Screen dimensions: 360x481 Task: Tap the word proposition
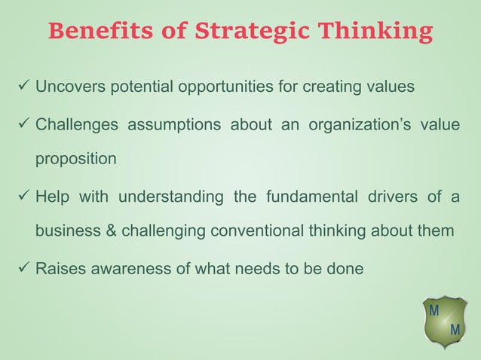coord(76,160)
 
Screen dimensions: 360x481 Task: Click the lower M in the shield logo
coord(454,331)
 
